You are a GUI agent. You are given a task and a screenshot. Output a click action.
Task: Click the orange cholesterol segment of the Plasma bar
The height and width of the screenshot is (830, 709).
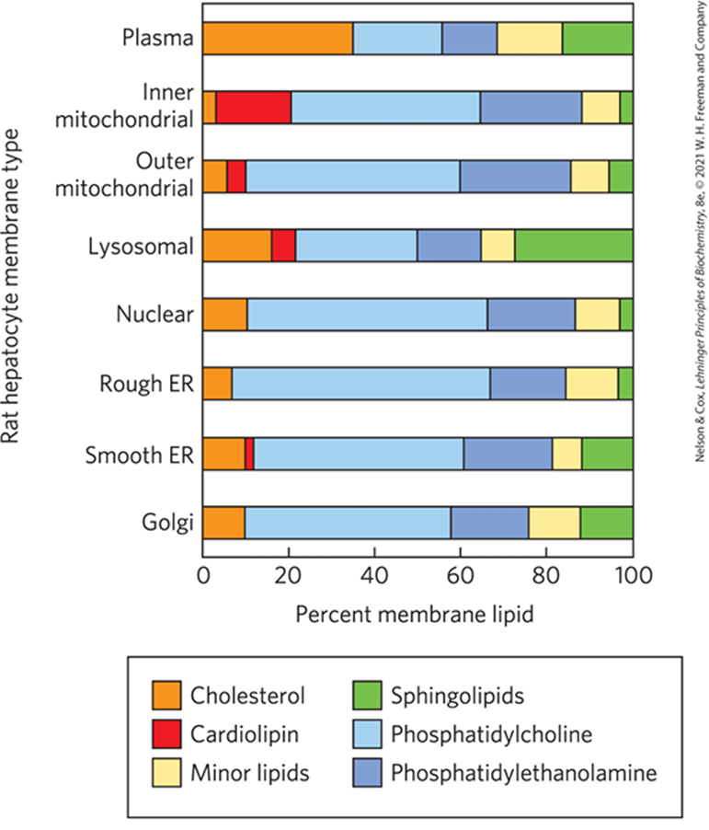[x=278, y=39]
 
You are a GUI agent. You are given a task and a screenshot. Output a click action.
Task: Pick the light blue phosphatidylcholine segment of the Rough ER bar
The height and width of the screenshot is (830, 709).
[x=360, y=384]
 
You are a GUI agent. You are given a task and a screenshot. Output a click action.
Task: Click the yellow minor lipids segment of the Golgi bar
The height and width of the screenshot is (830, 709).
[x=554, y=522]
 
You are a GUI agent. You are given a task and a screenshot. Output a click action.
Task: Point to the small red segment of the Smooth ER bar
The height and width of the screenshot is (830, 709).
[x=249, y=453]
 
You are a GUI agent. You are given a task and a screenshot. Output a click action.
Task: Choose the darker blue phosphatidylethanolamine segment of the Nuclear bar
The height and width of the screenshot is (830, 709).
[x=531, y=315]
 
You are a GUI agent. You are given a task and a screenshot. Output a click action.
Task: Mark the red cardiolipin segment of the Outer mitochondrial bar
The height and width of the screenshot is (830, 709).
[x=236, y=177]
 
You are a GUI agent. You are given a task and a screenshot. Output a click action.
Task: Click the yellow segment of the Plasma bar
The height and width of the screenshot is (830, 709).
[x=530, y=39]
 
